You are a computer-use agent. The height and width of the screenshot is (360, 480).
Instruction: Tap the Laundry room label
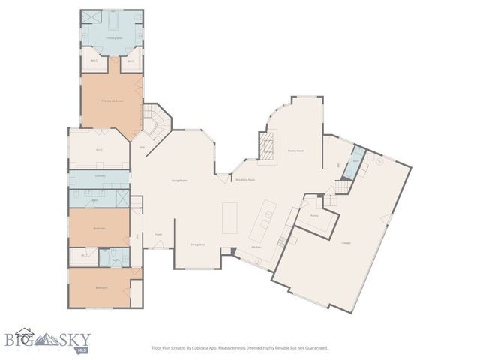pos(100,176)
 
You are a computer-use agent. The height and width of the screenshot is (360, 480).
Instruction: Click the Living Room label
pos(178,180)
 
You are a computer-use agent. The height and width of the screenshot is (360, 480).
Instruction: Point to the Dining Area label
pos(197,244)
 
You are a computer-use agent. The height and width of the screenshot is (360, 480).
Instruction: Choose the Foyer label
pos(158,234)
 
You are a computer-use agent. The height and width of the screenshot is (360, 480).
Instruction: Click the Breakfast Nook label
pos(245,180)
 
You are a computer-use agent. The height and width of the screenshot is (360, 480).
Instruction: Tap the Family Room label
pos(295,151)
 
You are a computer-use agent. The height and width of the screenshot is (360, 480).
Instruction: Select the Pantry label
pos(314,215)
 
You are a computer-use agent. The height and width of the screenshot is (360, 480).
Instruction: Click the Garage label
pos(346,242)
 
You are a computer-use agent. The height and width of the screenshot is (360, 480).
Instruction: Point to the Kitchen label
pos(255,246)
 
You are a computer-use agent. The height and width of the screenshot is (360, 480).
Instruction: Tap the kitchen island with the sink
pos(265,222)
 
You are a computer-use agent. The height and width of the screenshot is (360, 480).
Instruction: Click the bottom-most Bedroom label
pos(100,287)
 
